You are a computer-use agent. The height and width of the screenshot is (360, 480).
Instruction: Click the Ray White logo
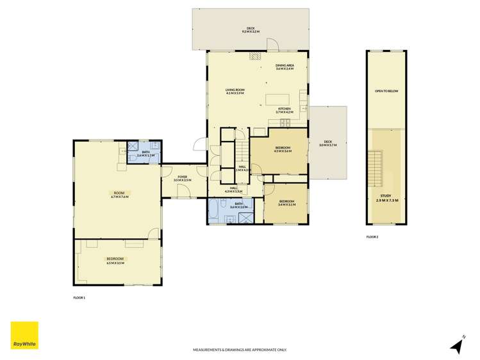tap(24, 336)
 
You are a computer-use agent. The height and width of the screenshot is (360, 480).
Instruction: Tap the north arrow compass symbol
tap(457, 345)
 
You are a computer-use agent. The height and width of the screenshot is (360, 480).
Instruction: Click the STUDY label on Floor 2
tap(386, 199)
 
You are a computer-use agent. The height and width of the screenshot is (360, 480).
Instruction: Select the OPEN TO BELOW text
tap(386, 91)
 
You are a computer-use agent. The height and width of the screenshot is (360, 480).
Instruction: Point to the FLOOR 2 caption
tap(372, 237)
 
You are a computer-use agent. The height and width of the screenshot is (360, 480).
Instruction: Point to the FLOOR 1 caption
tap(79, 298)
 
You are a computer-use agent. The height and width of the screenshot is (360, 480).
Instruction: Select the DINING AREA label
tap(285, 67)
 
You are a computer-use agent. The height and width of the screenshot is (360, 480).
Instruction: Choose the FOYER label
tap(182, 178)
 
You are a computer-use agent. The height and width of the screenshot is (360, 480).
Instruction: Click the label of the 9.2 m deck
tap(251, 30)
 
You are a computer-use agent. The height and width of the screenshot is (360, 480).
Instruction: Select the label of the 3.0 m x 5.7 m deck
tap(327, 143)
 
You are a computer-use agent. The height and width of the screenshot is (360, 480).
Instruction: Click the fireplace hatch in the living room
tap(256, 56)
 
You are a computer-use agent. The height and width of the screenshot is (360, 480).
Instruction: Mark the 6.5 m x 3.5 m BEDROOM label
tap(115, 260)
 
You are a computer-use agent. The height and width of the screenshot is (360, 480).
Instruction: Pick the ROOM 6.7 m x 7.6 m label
tap(119, 195)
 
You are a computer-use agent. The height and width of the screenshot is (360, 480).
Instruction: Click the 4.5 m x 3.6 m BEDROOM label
tap(283, 149)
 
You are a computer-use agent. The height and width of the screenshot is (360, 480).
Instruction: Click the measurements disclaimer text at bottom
tap(240, 350)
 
